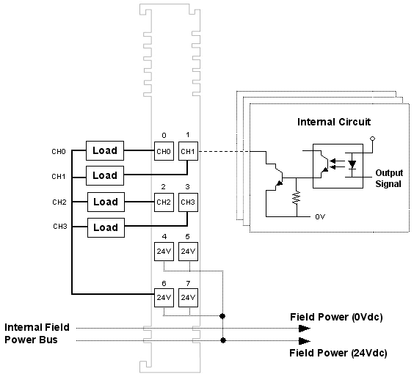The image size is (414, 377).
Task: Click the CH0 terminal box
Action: (x=164, y=151)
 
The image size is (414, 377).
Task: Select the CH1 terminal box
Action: (x=188, y=151)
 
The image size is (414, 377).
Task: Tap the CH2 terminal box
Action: (x=164, y=202)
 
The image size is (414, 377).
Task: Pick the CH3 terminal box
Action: (x=188, y=202)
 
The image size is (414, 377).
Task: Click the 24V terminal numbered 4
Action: (x=164, y=252)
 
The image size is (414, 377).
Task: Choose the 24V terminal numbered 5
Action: (x=188, y=252)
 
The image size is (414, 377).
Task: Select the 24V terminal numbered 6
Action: (x=164, y=298)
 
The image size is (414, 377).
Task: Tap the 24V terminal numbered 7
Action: (x=188, y=298)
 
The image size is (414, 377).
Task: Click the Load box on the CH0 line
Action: (x=105, y=150)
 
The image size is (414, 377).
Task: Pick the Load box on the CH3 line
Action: (x=106, y=227)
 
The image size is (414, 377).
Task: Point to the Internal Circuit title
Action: (x=334, y=122)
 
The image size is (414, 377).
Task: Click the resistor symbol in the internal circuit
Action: (x=297, y=197)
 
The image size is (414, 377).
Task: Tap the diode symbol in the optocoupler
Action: (x=352, y=164)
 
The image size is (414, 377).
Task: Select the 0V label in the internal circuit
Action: (x=320, y=216)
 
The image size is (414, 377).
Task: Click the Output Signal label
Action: (x=389, y=178)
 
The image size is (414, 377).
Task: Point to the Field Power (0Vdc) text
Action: (x=336, y=317)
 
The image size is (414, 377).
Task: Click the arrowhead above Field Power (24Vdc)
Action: (x=305, y=341)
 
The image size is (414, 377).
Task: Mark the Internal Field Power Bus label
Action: (x=37, y=334)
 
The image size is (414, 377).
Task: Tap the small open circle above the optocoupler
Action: (x=373, y=139)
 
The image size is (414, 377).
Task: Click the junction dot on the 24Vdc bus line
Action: (x=223, y=340)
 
